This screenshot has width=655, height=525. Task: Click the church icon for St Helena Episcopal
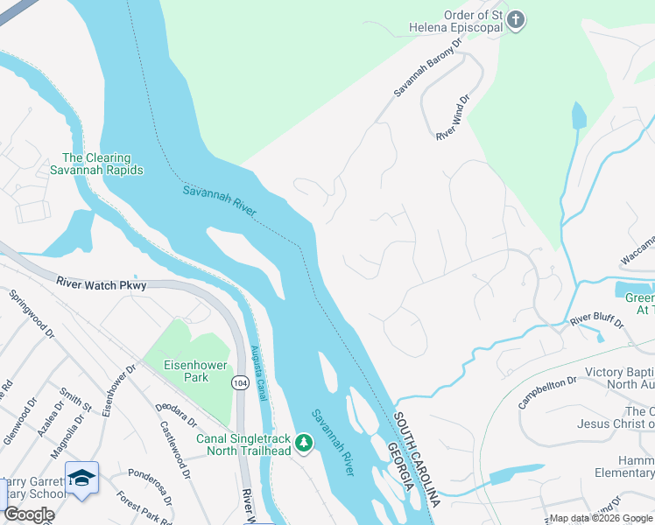coord(517,21)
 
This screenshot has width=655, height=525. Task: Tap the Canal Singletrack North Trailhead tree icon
coord(304,444)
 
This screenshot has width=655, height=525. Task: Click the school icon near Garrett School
coord(81,478)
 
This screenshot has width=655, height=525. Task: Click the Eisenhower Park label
coord(186,370)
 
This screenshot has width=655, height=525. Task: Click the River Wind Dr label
coord(454,119)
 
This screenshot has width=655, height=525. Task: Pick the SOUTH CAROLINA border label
coord(415,458)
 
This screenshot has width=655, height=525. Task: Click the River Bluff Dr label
coord(596,322)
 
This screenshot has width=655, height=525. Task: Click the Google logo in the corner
coord(28,514)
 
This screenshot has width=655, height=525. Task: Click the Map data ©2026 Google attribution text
coord(601,518)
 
